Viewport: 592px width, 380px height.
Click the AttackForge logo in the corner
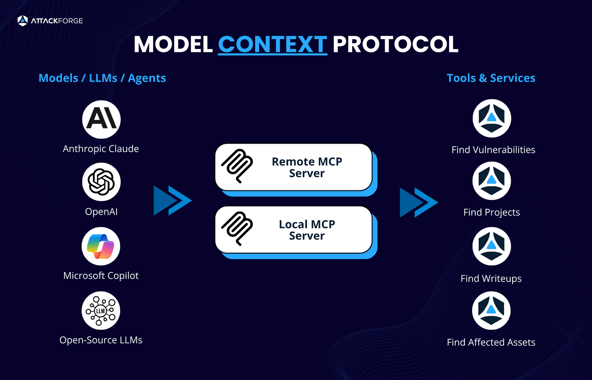[50, 21]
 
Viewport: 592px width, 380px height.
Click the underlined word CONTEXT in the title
[272, 44]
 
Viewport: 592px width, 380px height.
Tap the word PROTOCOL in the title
[395, 44]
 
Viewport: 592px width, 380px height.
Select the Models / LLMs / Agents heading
[102, 78]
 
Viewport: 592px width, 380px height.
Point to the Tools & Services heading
[491, 78]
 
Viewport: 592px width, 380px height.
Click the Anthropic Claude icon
[101, 119]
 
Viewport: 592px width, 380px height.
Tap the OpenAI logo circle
[101, 182]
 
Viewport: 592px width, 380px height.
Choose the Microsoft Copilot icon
[101, 246]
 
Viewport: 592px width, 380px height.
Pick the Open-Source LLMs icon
[101, 310]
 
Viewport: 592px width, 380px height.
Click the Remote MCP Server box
[294, 167]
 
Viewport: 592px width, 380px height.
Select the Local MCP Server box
[294, 230]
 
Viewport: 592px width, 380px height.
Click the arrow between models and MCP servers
[172, 201]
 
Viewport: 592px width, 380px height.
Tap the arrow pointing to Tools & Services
[419, 202]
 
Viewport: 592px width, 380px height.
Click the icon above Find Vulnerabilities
[492, 118]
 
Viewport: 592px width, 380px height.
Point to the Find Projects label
[491, 212]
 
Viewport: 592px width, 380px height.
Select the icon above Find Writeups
[491, 246]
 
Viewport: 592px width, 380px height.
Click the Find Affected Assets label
[491, 342]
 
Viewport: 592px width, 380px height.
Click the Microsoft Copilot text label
[101, 276]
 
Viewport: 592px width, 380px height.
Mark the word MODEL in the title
[173, 44]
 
